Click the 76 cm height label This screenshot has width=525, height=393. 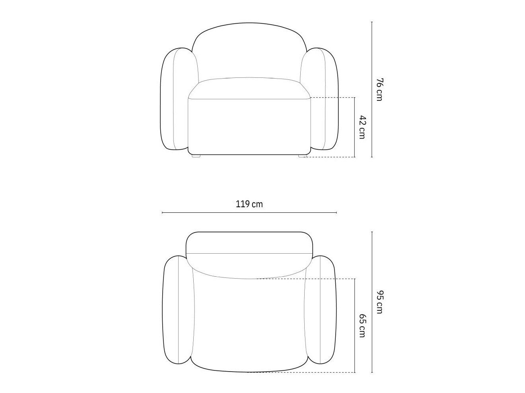(x=379, y=89)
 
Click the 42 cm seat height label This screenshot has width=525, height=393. (x=362, y=127)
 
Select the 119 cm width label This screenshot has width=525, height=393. (x=249, y=204)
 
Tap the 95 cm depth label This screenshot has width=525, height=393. (x=379, y=302)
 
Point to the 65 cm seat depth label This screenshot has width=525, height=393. (x=362, y=326)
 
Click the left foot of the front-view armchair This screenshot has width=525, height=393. (x=196, y=156)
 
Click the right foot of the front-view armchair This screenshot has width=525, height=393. (x=303, y=156)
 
